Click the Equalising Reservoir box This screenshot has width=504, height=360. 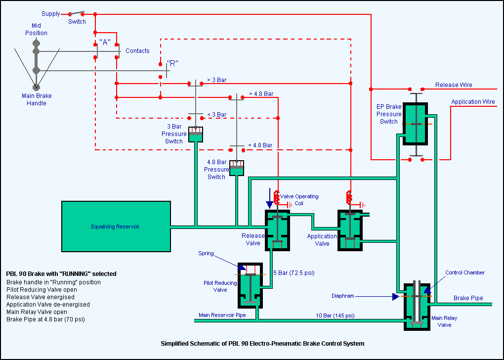click(x=116, y=226)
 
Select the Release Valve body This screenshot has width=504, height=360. click(x=278, y=230)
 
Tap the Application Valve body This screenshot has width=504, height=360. click(x=350, y=230)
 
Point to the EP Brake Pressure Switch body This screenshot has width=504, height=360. click(x=416, y=124)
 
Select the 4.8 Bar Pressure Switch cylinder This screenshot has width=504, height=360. click(x=237, y=168)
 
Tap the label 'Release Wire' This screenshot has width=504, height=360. click(x=454, y=85)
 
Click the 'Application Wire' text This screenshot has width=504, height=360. click(x=473, y=102)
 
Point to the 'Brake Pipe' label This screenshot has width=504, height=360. click(x=468, y=298)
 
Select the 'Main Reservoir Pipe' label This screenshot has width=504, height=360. click(x=222, y=315)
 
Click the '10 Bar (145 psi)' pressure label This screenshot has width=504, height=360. click(x=335, y=315)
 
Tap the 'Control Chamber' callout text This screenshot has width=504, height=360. click(x=465, y=273)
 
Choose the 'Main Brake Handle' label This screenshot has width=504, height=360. click(x=37, y=99)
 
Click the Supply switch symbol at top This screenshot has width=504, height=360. click(x=77, y=13)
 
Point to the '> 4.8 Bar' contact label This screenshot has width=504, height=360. click(x=261, y=93)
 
